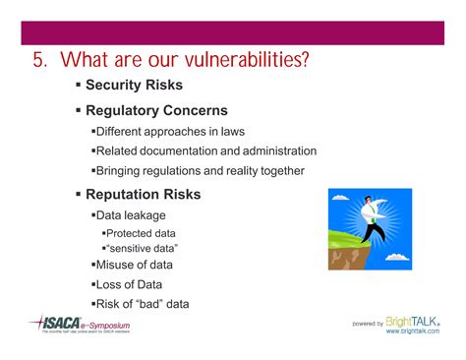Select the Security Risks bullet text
click(x=136, y=86)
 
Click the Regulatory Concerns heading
click(x=156, y=110)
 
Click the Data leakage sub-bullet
click(x=131, y=214)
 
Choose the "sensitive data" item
click(x=144, y=249)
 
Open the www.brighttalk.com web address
click(x=413, y=332)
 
